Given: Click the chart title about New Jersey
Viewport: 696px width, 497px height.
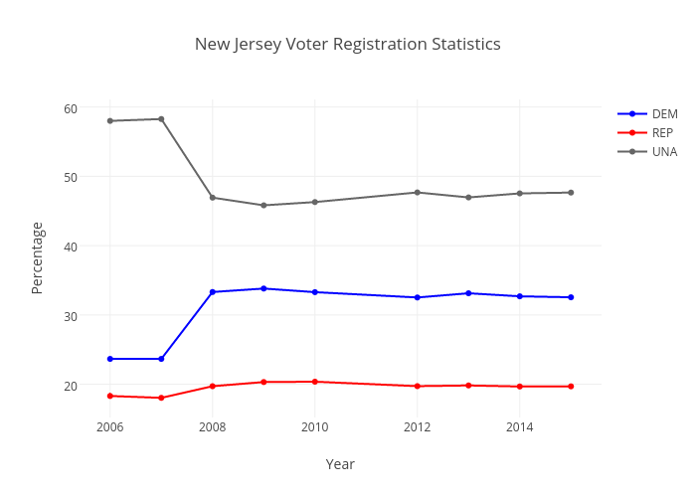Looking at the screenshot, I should (x=347, y=45).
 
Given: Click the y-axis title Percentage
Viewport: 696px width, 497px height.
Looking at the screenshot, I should (x=38, y=257).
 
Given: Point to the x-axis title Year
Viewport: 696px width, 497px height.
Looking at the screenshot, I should (x=340, y=464).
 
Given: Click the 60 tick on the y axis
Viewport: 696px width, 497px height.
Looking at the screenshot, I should (x=71, y=108).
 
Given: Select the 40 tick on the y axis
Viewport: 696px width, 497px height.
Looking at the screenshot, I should (x=71, y=247).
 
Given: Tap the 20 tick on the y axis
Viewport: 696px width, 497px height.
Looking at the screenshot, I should (x=71, y=385).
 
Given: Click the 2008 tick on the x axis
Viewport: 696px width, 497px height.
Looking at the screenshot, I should (x=212, y=427).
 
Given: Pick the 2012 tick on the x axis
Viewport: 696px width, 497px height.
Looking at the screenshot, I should (x=417, y=427).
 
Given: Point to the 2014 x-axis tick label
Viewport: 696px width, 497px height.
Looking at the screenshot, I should (x=519, y=427).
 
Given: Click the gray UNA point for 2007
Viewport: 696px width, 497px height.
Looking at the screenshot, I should (x=161, y=119).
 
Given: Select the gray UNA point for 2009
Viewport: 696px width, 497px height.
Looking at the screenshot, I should (x=263, y=206).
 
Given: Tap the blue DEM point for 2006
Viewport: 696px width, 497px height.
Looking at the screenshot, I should (x=110, y=359).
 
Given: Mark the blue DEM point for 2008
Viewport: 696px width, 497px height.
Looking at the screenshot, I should (x=213, y=292).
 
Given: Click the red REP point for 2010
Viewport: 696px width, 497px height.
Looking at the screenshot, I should (x=314, y=382).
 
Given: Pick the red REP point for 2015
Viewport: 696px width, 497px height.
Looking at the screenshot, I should (x=571, y=387).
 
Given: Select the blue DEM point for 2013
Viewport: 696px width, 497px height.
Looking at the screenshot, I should (x=468, y=293).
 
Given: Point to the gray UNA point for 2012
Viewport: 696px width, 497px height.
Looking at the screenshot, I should (x=417, y=193).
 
